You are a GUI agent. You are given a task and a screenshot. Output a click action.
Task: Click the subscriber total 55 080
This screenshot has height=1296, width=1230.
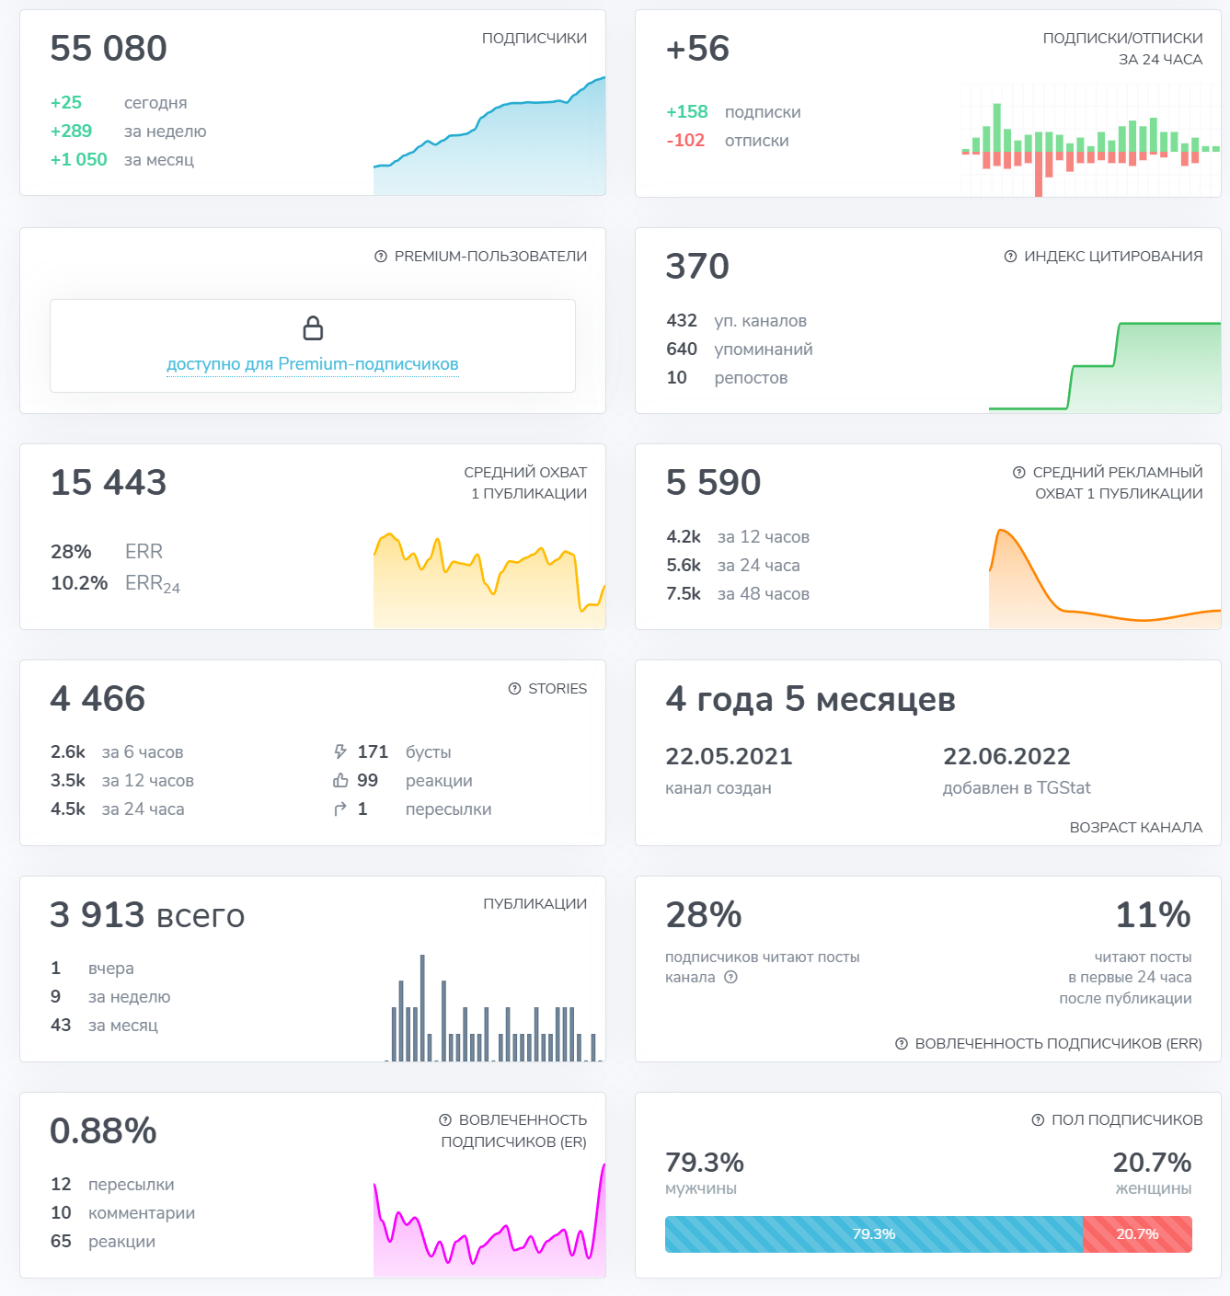coord(109,49)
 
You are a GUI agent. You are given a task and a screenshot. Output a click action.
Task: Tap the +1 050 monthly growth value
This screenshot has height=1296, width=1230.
coord(78,160)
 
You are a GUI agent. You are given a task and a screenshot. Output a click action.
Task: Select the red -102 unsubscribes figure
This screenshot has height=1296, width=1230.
coord(685,141)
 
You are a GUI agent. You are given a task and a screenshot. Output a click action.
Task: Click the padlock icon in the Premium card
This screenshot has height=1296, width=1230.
coord(313,328)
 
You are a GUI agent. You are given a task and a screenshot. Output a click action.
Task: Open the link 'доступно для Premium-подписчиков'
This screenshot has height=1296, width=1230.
coord(312,364)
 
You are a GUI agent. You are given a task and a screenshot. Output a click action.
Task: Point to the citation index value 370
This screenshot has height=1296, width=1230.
coord(697,267)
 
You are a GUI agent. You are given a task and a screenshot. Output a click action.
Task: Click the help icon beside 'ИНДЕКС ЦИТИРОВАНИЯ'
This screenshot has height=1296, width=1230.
coord(1010,257)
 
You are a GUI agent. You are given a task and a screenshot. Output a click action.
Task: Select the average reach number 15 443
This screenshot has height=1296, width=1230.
coord(109,483)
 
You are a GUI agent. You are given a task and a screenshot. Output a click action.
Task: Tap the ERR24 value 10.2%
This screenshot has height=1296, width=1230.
coord(79,583)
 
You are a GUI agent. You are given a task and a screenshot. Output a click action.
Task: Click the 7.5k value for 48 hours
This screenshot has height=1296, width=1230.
coord(684,594)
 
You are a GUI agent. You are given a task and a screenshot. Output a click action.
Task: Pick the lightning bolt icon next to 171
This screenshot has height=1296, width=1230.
coord(340,752)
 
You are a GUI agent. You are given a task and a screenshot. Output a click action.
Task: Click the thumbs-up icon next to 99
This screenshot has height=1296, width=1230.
coord(340,781)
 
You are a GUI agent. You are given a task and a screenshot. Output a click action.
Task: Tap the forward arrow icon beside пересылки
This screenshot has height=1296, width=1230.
coord(340,809)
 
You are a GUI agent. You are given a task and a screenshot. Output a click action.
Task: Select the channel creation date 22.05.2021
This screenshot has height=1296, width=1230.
coord(729,757)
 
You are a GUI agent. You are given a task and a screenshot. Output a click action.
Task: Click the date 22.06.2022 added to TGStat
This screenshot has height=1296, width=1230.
coord(1006,757)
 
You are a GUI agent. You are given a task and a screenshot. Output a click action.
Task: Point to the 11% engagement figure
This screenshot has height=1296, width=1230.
coord(1153,915)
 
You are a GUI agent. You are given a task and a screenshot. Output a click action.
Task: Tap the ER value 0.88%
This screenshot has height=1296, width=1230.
coord(103,1131)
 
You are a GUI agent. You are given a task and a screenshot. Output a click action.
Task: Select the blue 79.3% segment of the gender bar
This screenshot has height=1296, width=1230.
coord(873,1234)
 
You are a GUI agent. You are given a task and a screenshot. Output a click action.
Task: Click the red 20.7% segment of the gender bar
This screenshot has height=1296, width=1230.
coord(1137,1234)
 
